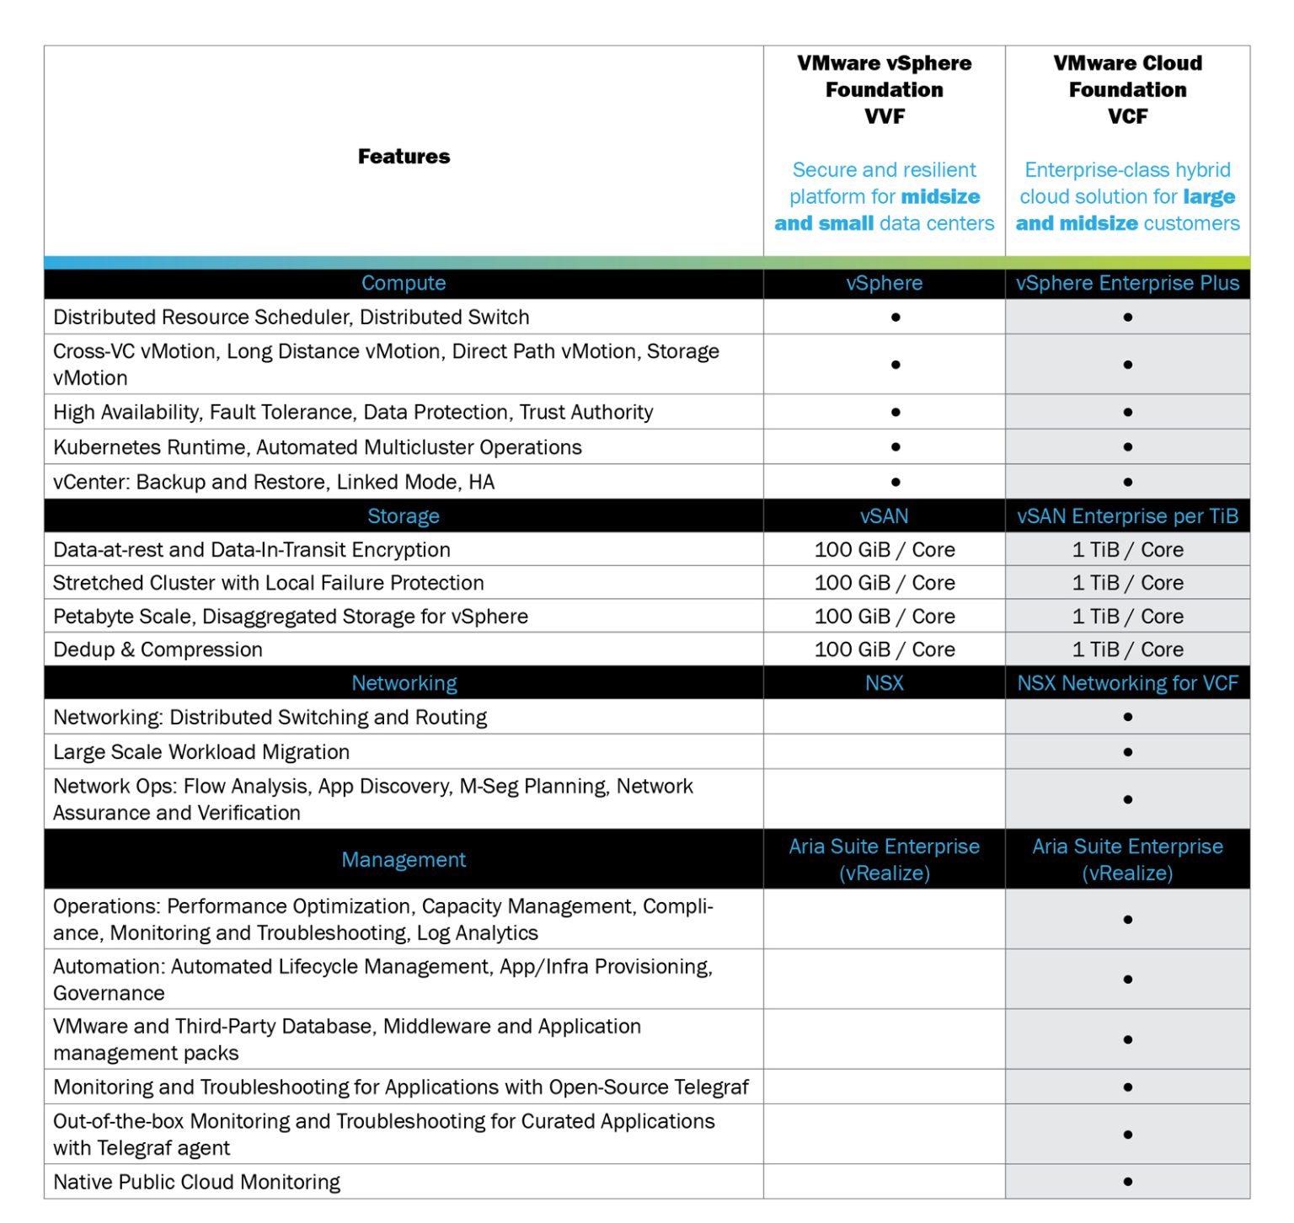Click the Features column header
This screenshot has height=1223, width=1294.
(404, 157)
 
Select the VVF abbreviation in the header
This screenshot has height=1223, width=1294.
(884, 116)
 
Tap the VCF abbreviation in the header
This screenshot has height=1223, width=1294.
(1127, 116)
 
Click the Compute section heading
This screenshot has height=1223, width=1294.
(404, 283)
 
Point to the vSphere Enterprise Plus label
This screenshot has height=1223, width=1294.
(1127, 283)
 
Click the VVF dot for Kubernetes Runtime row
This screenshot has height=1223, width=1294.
(896, 447)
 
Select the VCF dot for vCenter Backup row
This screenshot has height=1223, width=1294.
(1127, 483)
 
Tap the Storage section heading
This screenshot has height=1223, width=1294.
(404, 516)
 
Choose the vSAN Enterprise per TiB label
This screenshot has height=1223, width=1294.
(1127, 516)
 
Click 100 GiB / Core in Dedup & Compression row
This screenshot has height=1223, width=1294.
(885, 649)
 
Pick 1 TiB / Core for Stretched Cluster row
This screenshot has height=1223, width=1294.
(1127, 583)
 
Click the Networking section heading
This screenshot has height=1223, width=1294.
(404, 683)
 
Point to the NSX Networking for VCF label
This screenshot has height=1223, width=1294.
(1127, 683)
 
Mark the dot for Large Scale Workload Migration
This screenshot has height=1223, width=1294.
(1127, 752)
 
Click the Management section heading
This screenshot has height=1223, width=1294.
(404, 860)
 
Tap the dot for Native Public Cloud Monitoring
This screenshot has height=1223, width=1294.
(1127, 1183)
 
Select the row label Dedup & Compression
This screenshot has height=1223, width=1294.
(158, 649)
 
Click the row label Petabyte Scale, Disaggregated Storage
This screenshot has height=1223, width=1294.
(291, 617)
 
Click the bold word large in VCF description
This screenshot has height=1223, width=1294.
(1209, 197)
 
